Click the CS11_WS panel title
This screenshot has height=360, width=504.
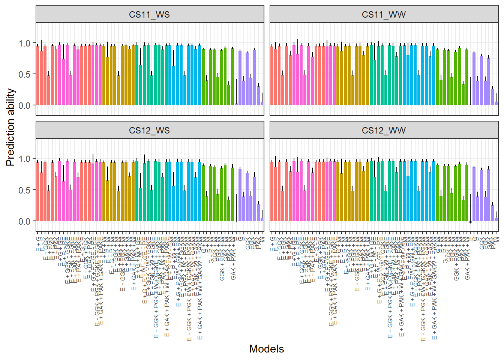149,15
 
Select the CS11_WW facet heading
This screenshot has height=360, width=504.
384,15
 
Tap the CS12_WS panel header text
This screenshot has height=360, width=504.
149,130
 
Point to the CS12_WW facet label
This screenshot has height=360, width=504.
384,130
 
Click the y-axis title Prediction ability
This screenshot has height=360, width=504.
10,127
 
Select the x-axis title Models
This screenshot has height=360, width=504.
267,349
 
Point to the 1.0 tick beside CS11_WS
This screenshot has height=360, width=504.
25,43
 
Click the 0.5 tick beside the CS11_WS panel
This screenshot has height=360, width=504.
25,74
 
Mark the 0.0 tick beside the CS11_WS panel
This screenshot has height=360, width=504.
25,105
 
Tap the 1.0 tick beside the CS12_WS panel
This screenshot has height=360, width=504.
25,159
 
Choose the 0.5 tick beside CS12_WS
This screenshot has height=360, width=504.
25,190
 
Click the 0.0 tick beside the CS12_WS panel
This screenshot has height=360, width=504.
25,221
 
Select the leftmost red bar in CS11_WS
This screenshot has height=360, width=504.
37,75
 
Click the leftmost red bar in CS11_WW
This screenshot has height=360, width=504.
272,75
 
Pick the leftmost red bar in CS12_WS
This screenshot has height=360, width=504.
37,191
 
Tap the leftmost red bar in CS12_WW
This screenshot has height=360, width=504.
272,191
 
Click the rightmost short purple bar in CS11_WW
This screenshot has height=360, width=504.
496,103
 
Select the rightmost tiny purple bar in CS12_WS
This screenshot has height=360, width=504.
262,219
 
